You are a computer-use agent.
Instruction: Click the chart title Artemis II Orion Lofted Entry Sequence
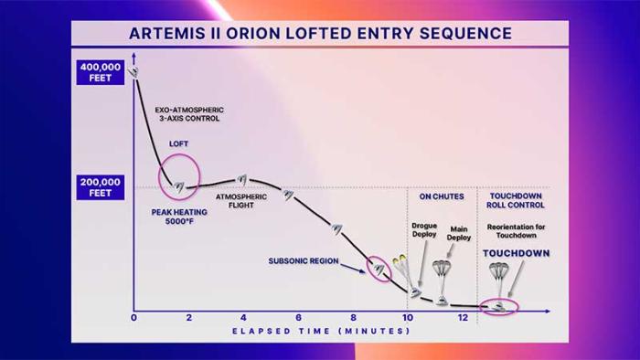tap(319, 34)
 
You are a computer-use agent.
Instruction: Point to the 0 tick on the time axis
tap(133, 318)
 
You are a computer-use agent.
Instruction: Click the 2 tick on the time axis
tap(188, 318)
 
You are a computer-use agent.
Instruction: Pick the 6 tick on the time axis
tap(298, 318)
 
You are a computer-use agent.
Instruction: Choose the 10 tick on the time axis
tap(407, 318)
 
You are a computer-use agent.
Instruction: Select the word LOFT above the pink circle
tap(178, 144)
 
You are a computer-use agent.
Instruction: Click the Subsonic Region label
tap(302, 260)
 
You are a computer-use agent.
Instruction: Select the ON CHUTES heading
tap(442, 196)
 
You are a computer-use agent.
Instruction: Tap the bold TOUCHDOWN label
tap(517, 254)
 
